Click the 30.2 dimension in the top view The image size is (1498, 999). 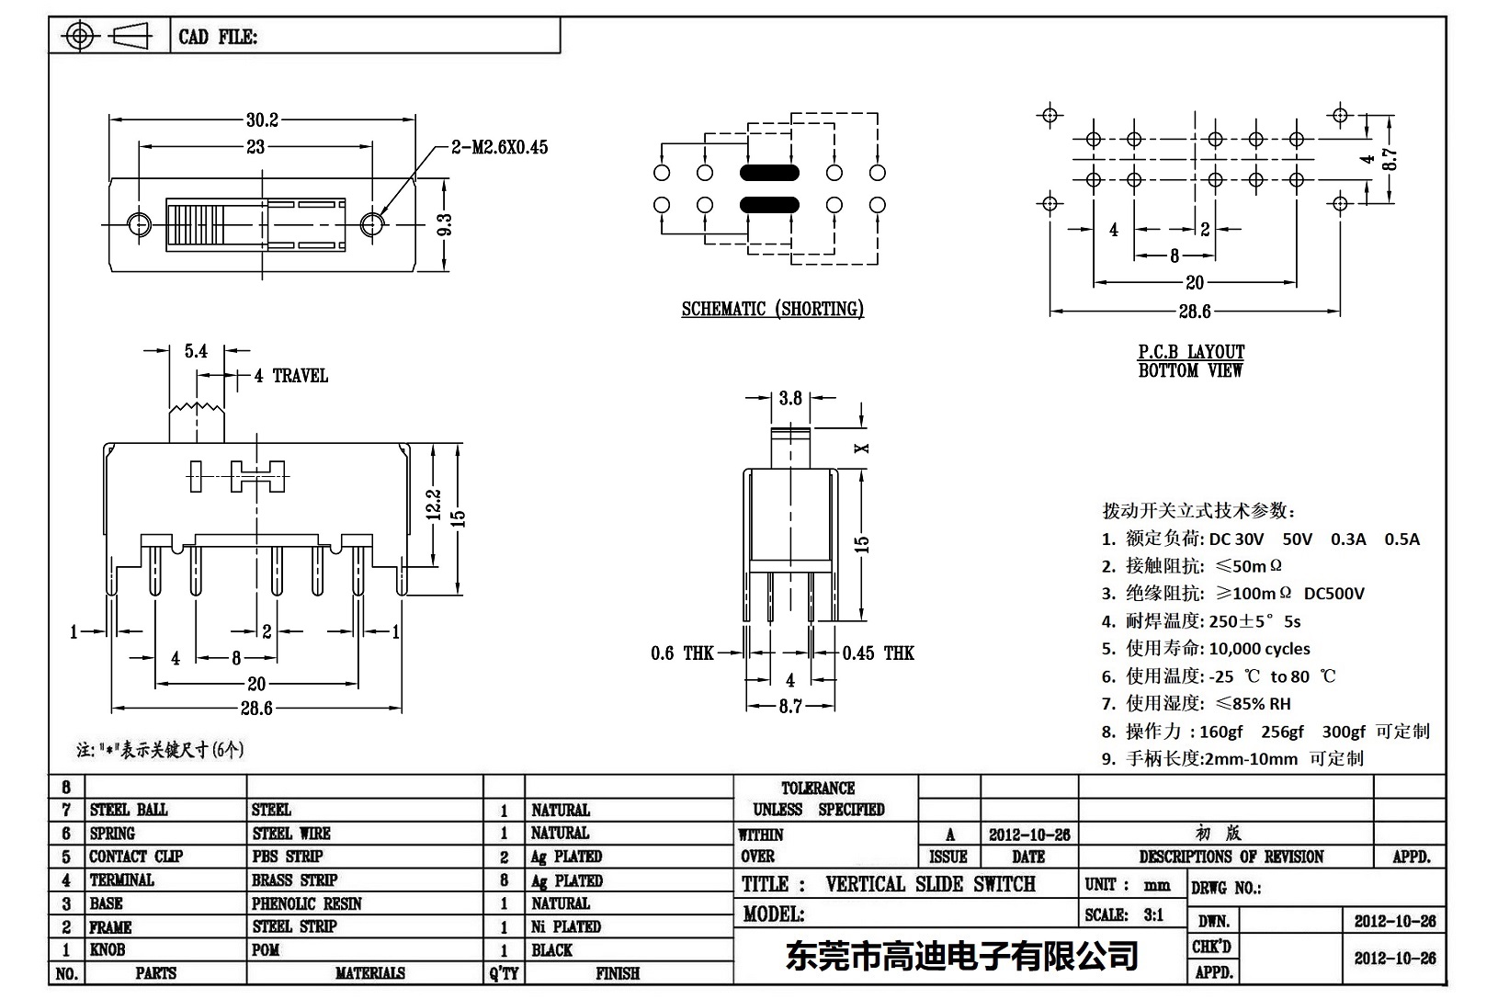[262, 119]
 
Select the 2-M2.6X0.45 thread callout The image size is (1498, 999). [499, 147]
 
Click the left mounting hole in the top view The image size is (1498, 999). [138, 224]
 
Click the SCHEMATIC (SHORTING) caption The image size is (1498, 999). [772, 310]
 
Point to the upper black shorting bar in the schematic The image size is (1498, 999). [768, 173]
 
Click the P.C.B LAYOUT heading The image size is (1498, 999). [1191, 352]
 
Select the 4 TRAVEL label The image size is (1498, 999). [290, 376]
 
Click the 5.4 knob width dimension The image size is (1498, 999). [196, 351]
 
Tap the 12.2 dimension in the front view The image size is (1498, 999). [435, 505]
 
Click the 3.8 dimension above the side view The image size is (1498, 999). [790, 398]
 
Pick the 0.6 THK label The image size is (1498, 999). [682, 653]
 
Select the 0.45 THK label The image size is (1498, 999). [878, 653]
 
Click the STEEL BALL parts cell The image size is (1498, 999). [129, 810]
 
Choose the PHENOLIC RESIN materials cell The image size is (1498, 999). [306, 903]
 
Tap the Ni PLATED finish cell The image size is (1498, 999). [565, 926]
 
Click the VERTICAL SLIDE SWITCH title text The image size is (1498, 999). [930, 884]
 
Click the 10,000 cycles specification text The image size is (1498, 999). [1259, 649]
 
